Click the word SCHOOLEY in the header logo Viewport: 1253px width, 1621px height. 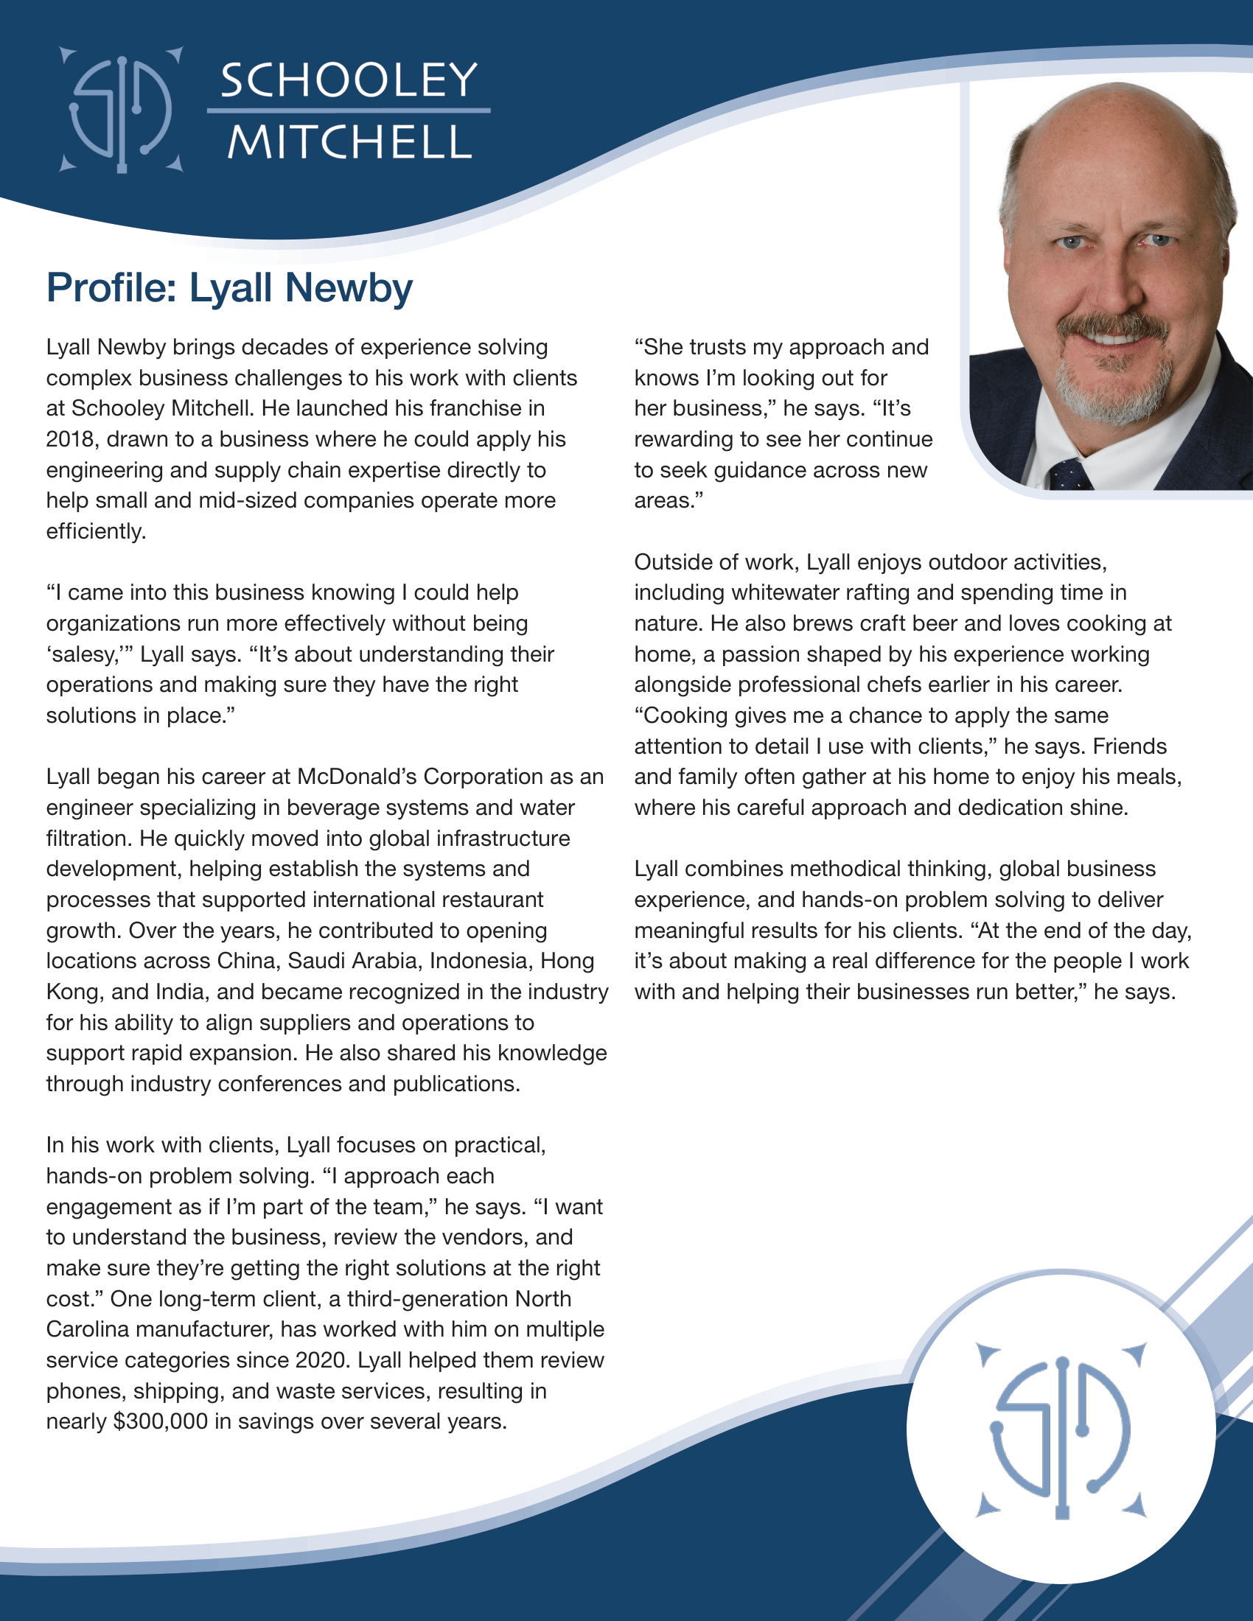click(x=348, y=80)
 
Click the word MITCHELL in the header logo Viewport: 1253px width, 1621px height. click(x=348, y=141)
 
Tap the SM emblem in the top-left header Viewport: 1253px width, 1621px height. click(x=121, y=110)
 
